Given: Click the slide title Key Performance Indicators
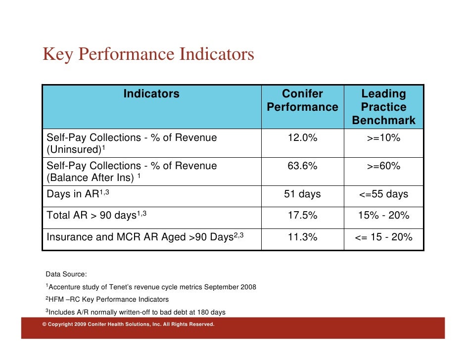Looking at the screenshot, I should [x=148, y=54].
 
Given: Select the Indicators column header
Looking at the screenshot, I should [x=151, y=94].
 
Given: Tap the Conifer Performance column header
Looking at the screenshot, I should [x=302, y=100].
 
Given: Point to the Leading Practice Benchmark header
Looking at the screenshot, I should [x=383, y=107].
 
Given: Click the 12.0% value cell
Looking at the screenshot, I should [x=302, y=138].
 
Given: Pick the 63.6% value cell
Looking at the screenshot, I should [x=302, y=166].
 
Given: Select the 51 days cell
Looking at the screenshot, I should [x=302, y=194].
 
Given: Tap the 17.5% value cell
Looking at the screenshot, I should [x=302, y=216].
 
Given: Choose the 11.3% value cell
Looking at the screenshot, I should [x=302, y=237].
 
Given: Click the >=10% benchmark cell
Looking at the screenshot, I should [x=383, y=138].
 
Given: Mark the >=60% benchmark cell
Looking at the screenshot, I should [x=383, y=166].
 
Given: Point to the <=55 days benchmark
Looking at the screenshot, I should [x=383, y=194].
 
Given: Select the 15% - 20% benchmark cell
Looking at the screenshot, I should [x=383, y=216].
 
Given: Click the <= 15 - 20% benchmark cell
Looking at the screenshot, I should [x=383, y=237].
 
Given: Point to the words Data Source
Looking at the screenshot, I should [x=66, y=274].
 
